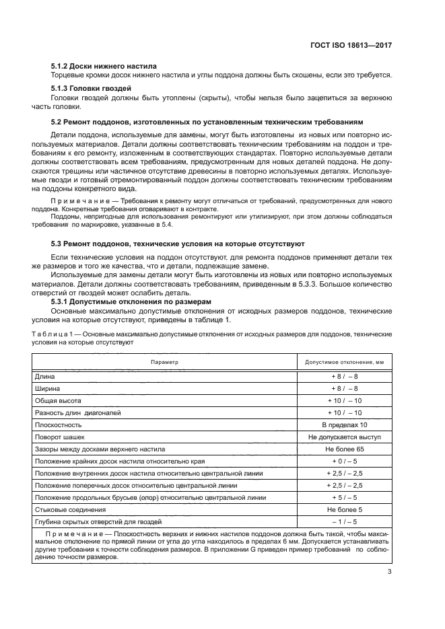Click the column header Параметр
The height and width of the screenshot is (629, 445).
164,362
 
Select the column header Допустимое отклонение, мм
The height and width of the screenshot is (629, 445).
344,362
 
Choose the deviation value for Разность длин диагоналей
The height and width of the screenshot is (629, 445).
344,413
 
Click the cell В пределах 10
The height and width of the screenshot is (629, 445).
344,425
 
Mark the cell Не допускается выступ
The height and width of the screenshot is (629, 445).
344,437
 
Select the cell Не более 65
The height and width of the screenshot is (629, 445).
344,449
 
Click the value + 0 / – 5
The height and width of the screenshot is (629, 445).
344,461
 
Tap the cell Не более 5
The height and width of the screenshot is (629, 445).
344,510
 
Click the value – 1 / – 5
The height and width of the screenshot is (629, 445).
344,522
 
